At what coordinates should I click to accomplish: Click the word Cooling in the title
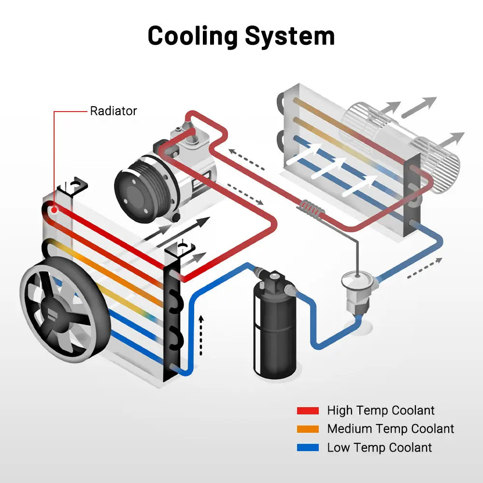192,36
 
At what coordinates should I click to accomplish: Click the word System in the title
289,36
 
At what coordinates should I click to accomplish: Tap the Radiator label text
114,111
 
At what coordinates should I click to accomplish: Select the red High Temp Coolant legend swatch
308,411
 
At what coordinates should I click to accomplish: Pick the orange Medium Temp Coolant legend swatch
308,429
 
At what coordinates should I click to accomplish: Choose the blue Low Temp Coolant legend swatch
308,448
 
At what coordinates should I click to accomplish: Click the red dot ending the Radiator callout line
54,210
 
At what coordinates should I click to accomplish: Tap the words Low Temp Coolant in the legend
379,448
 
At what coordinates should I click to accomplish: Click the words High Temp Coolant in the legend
381,411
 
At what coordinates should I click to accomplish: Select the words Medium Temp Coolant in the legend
390,429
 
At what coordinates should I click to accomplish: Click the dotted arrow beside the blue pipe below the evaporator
424,269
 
